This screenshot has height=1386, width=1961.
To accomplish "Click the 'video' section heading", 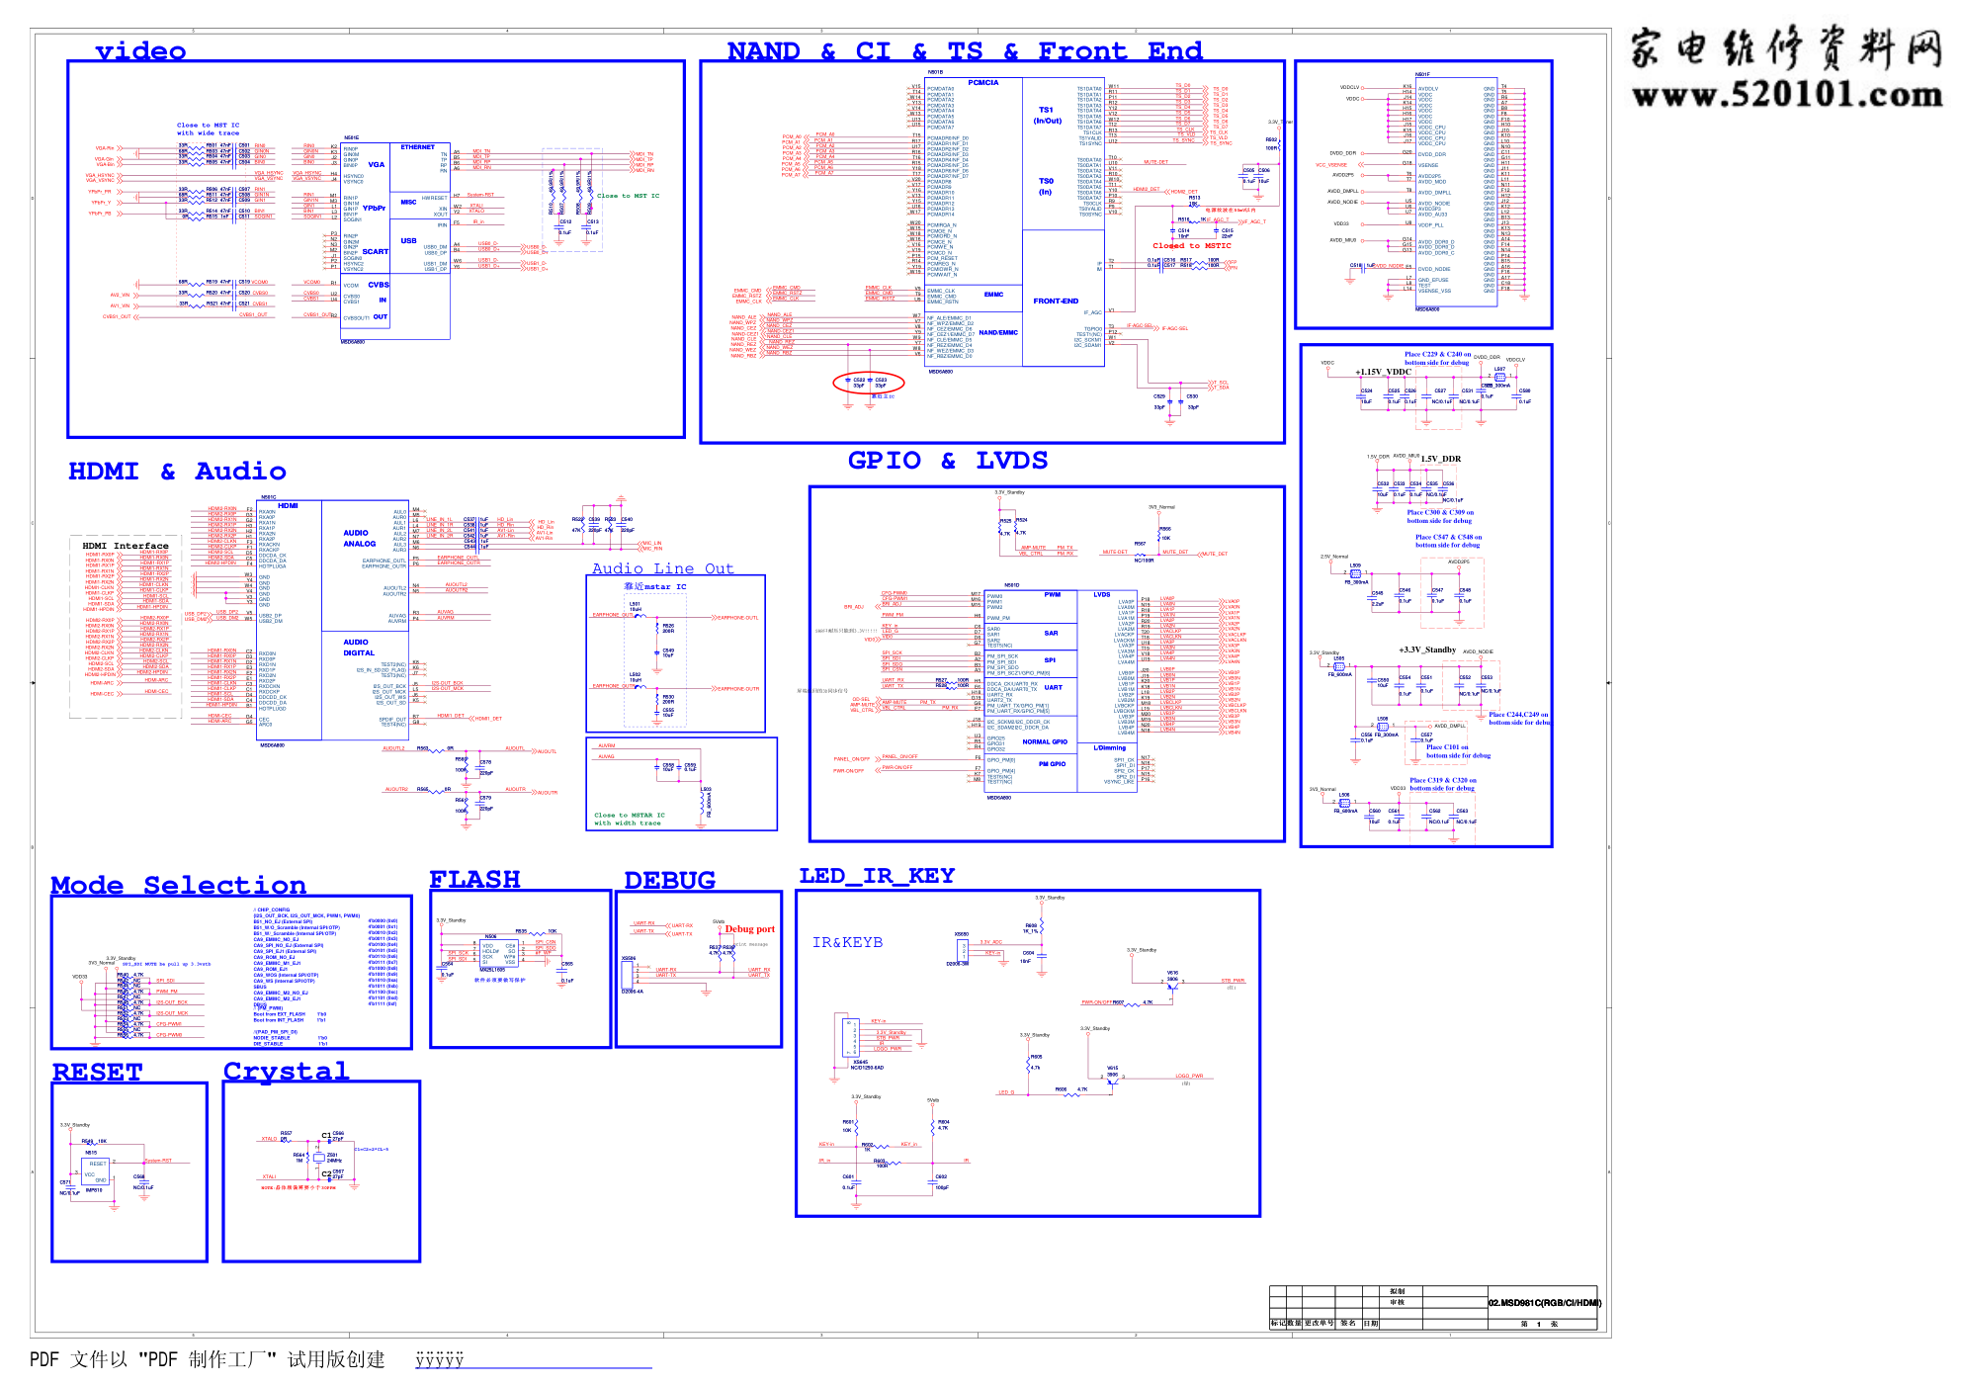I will pyautogui.click(x=140, y=51).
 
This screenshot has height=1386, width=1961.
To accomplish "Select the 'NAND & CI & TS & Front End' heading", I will pyautogui.click(x=964, y=51).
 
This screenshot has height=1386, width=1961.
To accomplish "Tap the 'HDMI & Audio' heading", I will pyautogui.click(x=177, y=472).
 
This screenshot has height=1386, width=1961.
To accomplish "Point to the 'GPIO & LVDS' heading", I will pyautogui.click(x=947, y=461).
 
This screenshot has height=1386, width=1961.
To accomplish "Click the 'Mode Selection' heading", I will pyautogui.click(x=178, y=885).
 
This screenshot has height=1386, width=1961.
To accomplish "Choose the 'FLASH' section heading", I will pyautogui.click(x=474, y=879).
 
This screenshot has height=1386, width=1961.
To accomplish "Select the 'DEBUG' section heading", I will pyautogui.click(x=669, y=880).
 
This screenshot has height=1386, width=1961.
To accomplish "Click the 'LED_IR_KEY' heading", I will pyautogui.click(x=877, y=876).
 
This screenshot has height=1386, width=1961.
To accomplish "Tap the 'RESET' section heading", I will pyautogui.click(x=97, y=1072).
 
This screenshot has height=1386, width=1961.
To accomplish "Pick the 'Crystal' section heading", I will pyautogui.click(x=286, y=1071).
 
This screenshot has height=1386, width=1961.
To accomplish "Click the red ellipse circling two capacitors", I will pyautogui.click(x=869, y=382).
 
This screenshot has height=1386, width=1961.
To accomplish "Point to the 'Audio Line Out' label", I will pyautogui.click(x=662, y=568).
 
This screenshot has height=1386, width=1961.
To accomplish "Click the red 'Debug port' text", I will pyautogui.click(x=749, y=929).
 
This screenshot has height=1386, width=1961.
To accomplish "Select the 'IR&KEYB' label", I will pyautogui.click(x=847, y=942).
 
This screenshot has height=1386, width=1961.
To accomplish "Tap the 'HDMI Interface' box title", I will pyautogui.click(x=126, y=546).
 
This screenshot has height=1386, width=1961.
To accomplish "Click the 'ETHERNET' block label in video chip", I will pyautogui.click(x=417, y=147).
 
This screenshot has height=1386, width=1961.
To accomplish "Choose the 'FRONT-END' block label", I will pyautogui.click(x=1056, y=302).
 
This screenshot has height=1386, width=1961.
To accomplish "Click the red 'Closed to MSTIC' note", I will pyautogui.click(x=1191, y=246).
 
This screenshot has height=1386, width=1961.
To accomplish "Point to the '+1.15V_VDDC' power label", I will pyautogui.click(x=1383, y=373).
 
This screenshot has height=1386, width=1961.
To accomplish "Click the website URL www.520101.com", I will pyautogui.click(x=1786, y=95).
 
